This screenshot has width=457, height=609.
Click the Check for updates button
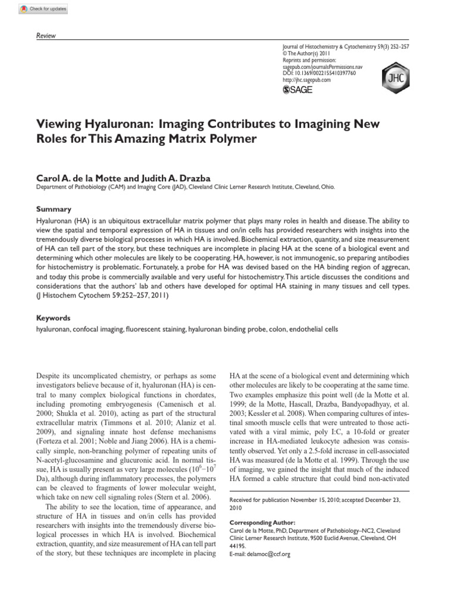coord(43,10)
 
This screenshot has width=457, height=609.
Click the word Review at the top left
coord(46,36)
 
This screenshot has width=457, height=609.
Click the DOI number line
coord(319,73)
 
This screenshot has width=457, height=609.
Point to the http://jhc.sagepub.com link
coord(306,80)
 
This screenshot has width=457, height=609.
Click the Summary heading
coord(54,209)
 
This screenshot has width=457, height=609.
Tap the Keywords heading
coord(54,318)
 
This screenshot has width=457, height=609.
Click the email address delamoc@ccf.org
coord(271,554)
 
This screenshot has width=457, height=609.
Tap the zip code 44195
coord(238,546)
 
